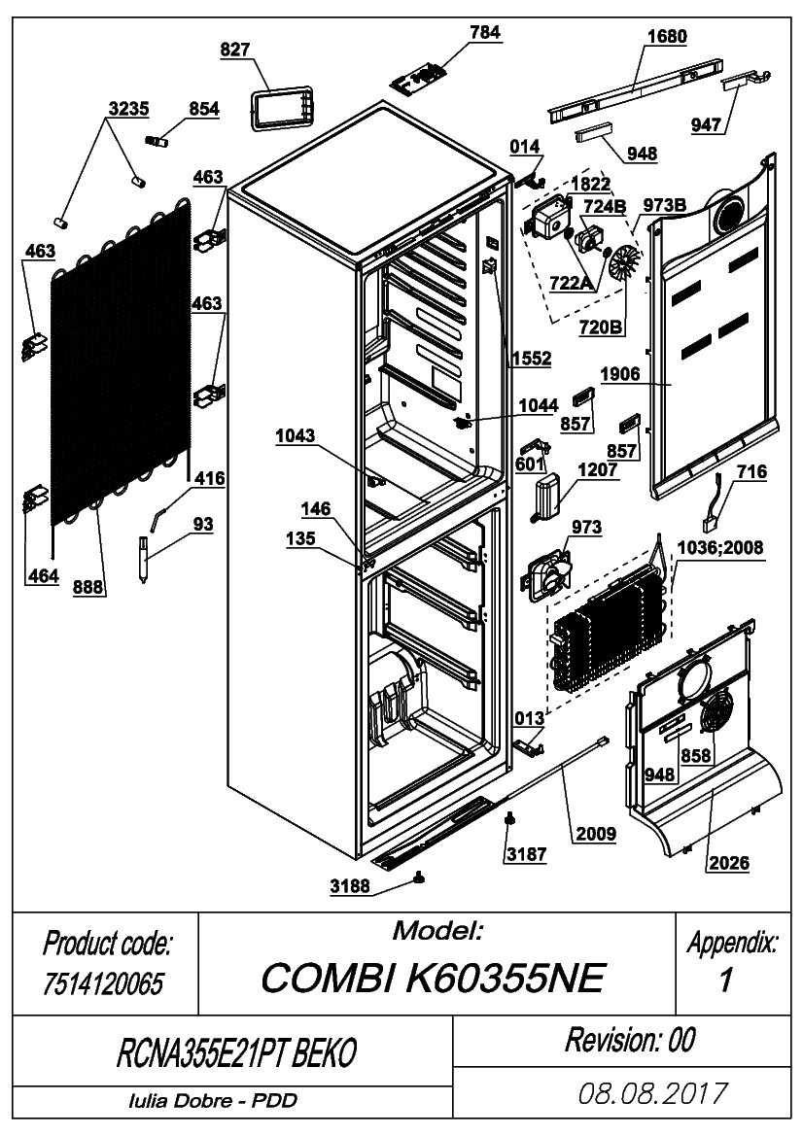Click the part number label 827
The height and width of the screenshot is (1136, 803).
point(235,50)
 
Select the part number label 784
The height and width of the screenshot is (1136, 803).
point(485,32)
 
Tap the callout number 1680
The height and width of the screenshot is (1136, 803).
point(667,36)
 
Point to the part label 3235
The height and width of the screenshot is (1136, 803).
point(129,109)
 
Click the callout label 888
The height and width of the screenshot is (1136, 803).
point(88,587)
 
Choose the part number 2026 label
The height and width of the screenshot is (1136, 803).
point(729,862)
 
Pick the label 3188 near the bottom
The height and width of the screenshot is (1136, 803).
point(350,886)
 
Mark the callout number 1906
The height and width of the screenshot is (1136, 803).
point(620,374)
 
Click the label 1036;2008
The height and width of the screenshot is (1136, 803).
point(720,548)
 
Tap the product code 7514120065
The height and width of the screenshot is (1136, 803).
point(103,983)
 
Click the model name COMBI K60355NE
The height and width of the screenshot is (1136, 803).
point(433,978)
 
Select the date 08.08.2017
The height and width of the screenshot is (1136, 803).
point(652,1093)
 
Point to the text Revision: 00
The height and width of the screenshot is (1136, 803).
point(631,1040)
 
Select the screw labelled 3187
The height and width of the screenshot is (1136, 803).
point(510,818)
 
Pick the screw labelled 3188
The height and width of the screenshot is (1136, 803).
point(419,878)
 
